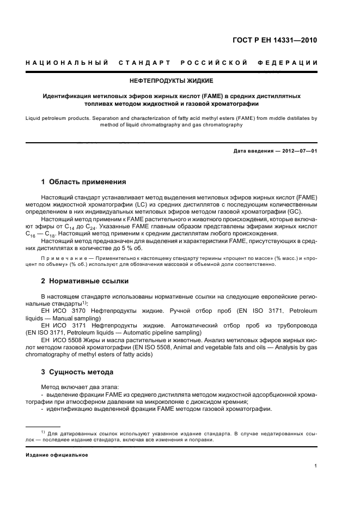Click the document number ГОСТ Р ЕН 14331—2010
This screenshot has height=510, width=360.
pyautogui.click(x=275, y=40)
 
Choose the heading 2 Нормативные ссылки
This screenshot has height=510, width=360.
pyautogui.click(x=85, y=281)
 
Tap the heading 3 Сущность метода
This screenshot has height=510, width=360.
pyautogui.click(x=77, y=372)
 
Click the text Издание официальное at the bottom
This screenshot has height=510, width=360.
pyautogui.click(x=57, y=455)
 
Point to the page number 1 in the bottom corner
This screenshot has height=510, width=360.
pyautogui.click(x=316, y=466)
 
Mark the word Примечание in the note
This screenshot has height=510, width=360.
pyautogui.click(x=63, y=256)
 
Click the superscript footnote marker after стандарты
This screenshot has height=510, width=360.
pyautogui.click(x=84, y=301)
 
